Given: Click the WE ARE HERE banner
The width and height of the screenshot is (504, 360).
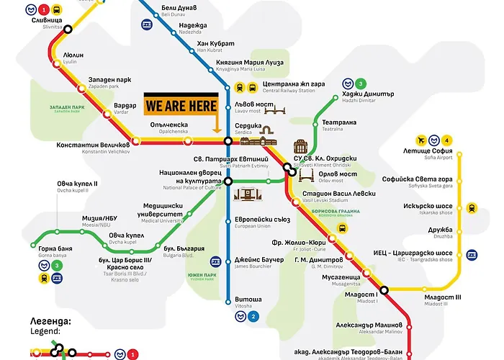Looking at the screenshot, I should click(181, 106).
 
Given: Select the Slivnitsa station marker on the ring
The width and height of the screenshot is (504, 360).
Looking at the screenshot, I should click(68, 30).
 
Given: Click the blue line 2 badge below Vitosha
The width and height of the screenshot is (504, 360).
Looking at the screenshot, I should click(253, 315).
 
